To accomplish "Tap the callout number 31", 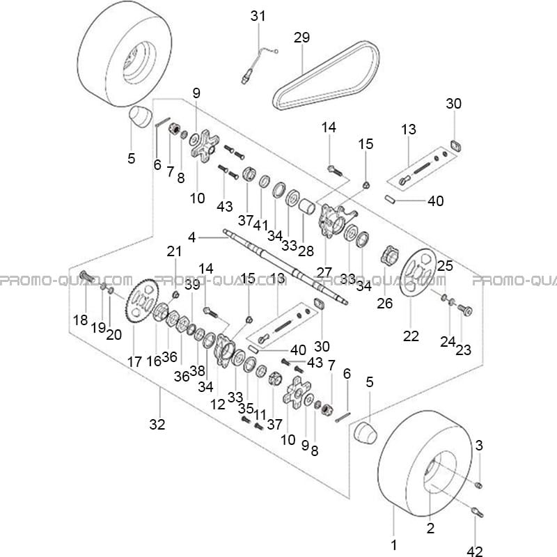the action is point(258,16).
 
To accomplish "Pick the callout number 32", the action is point(157,424).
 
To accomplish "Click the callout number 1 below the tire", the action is point(393,544).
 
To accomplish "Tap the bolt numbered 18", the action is point(87,276).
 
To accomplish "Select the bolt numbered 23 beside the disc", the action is point(464,310).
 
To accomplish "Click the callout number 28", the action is point(306,251).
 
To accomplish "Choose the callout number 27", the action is point(324,272).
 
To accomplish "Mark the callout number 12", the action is point(217,405).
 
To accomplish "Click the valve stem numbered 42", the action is point(476,512).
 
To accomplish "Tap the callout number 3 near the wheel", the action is point(479,445).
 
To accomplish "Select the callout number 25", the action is point(445,265).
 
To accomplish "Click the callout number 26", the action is point(385,303).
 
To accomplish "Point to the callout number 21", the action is point(174,251).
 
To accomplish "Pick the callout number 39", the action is point(192,285).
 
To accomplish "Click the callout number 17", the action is point(134,362).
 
